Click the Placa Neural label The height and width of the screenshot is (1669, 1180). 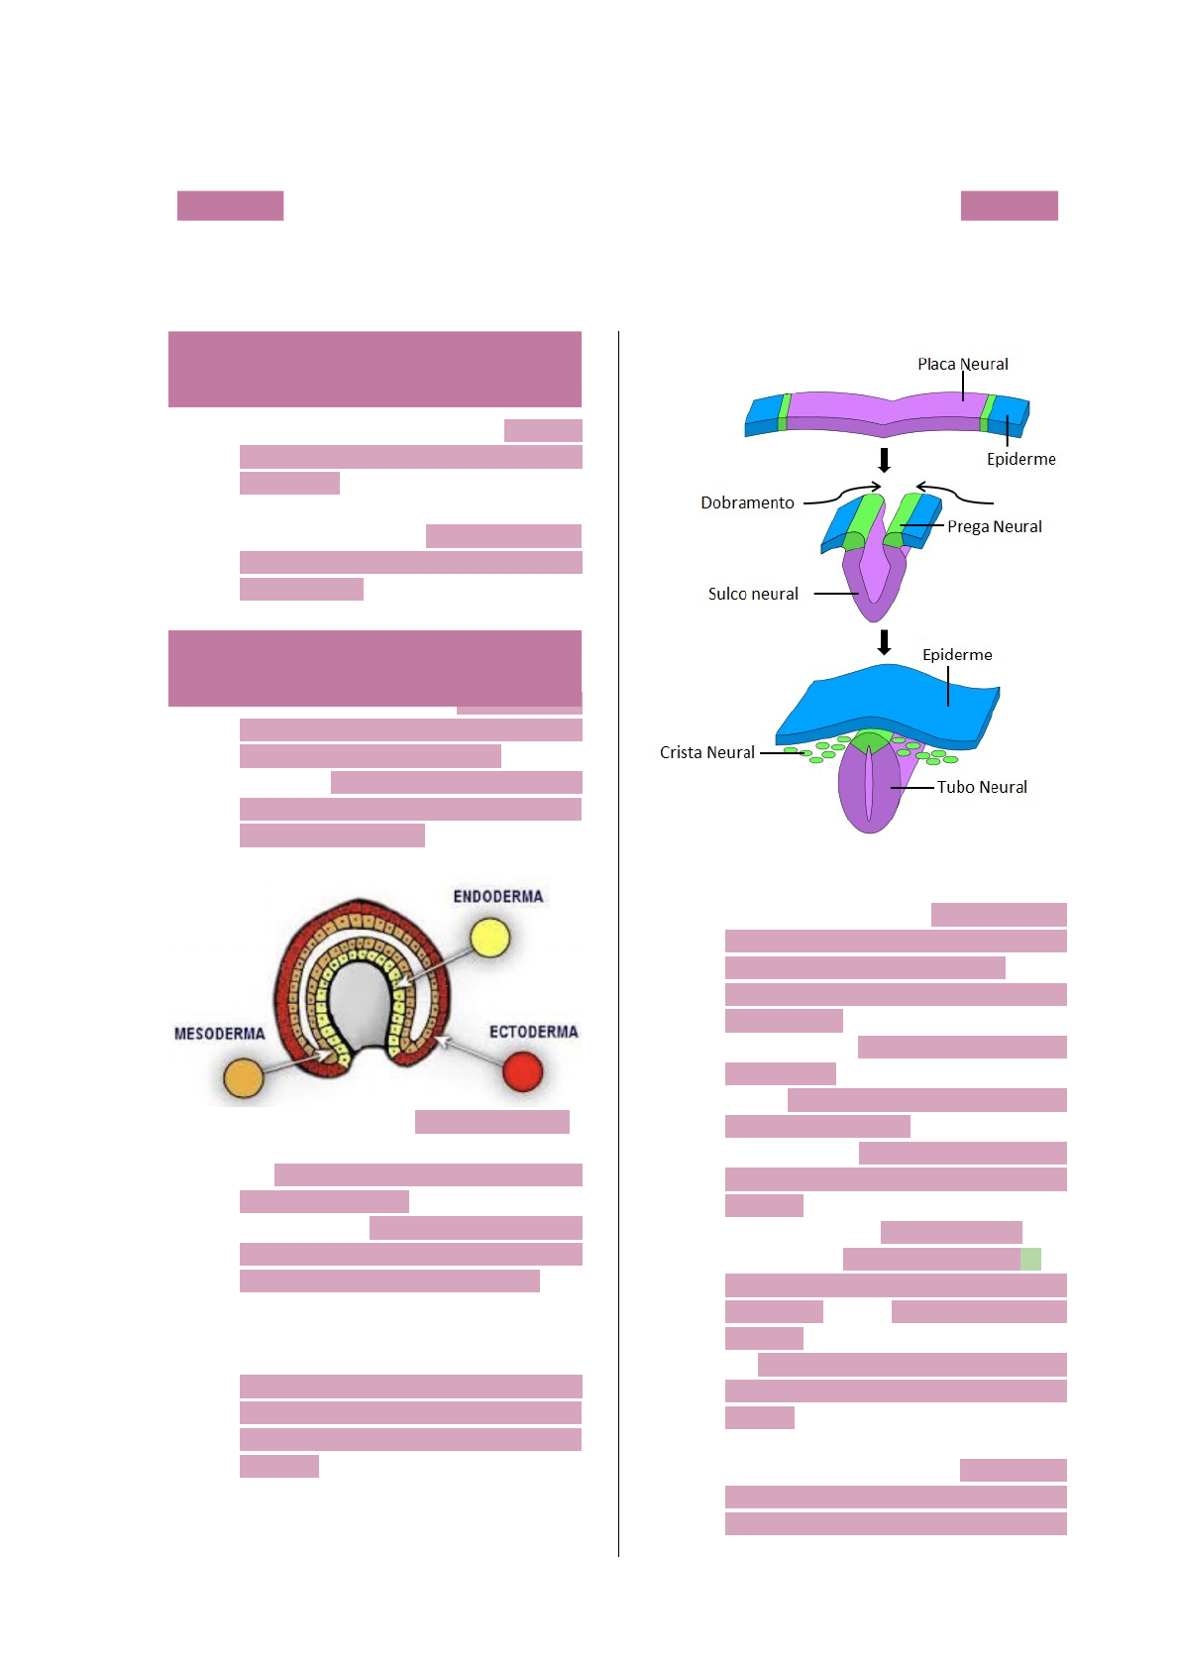pyautogui.click(x=962, y=364)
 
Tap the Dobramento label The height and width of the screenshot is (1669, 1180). pyautogui.click(x=747, y=502)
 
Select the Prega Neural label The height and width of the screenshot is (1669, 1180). pyautogui.click(x=994, y=526)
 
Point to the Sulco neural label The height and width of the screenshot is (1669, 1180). pyautogui.click(x=753, y=594)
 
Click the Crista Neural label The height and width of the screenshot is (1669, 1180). pyautogui.click(x=707, y=752)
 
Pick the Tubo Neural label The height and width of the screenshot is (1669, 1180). pyautogui.click(x=982, y=787)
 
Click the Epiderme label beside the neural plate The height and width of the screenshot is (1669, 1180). pyautogui.click(x=1020, y=459)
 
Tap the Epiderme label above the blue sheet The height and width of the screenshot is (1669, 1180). pyautogui.click(x=957, y=654)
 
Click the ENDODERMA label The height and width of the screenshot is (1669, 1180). pyautogui.click(x=498, y=896)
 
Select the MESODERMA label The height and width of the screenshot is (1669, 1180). pyautogui.click(x=220, y=1034)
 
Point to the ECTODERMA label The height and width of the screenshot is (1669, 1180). pyautogui.click(x=533, y=1032)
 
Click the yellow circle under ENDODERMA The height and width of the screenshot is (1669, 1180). pyautogui.click(x=489, y=938)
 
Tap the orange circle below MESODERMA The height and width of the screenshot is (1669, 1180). pyautogui.click(x=244, y=1077)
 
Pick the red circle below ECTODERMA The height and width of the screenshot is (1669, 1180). pyautogui.click(x=523, y=1071)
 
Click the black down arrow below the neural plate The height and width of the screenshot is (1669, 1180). pyautogui.click(x=885, y=460)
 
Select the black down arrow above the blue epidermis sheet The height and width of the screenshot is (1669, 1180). pyautogui.click(x=885, y=642)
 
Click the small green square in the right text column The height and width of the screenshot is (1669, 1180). pyautogui.click(x=1030, y=1259)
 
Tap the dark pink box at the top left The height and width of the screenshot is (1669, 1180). pyautogui.click(x=230, y=205)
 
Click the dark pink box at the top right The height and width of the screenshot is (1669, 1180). pyautogui.click(x=1009, y=205)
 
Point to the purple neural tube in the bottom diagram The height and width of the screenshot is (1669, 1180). pyautogui.click(x=869, y=788)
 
